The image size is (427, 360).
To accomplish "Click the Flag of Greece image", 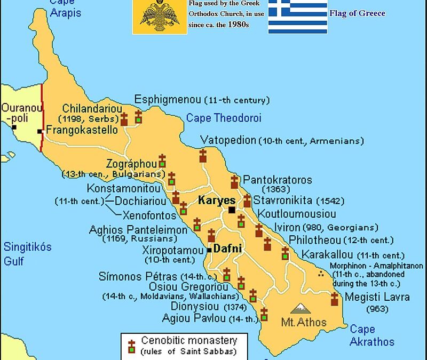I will [x=297, y=16].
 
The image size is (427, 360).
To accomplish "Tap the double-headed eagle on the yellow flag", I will [x=160, y=16].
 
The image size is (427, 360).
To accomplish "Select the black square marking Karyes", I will [x=232, y=210].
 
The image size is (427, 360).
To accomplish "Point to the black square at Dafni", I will [x=210, y=250].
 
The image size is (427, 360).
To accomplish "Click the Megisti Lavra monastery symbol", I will [x=335, y=299].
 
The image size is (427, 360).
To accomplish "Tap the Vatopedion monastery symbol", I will [x=203, y=155].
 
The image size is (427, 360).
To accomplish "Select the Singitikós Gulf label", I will [x=27, y=253].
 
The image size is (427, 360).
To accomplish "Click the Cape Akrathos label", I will [x=372, y=335].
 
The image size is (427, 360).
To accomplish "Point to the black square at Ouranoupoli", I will [x=14, y=127].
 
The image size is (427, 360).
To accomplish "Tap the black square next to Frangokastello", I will [x=40, y=131].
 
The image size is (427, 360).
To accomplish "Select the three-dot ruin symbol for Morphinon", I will [x=321, y=274].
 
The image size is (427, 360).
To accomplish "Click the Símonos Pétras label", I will [x=137, y=276].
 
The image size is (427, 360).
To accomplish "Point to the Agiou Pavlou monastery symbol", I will [x=264, y=314].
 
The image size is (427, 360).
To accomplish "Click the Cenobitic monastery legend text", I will [x=189, y=340].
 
